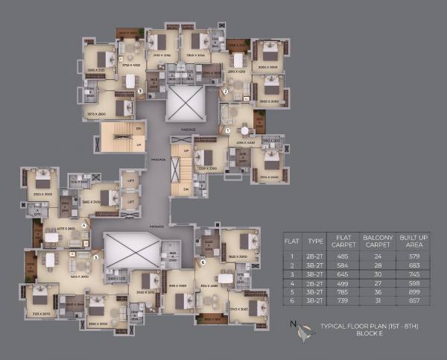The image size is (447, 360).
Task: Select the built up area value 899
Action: (x=410, y=291)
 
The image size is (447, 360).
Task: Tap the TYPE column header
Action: (x=314, y=241)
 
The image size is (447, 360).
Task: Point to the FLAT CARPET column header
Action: (x=343, y=241)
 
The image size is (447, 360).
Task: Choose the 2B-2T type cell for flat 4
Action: (x=314, y=282)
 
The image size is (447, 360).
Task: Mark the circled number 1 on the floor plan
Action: (x=228, y=130)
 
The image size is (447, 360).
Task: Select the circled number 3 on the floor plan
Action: (x=140, y=92)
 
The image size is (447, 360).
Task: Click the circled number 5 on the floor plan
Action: (x=95, y=257)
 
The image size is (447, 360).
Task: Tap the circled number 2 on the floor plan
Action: (x=225, y=92)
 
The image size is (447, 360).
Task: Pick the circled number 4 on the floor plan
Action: (x=84, y=224)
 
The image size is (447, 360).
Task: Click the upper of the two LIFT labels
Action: (x=131, y=183)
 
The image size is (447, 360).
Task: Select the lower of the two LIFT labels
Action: (x=131, y=200)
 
